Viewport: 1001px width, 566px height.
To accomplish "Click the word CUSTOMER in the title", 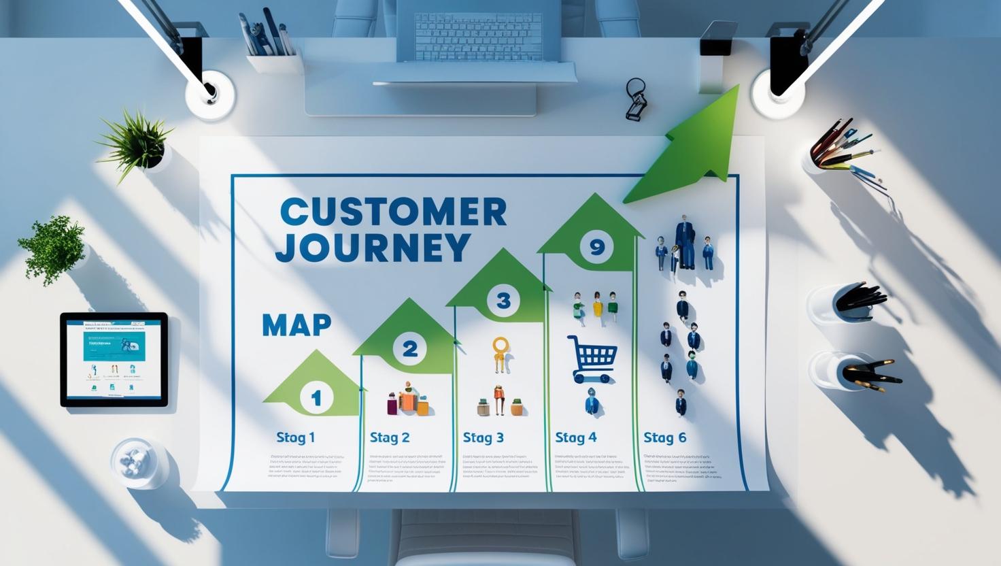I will coord(393,212).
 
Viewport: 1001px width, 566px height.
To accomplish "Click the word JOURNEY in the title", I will coord(373,247).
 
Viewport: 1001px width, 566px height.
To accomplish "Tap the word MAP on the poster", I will coord(296,325).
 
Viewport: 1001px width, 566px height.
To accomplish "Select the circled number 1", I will coord(316,397).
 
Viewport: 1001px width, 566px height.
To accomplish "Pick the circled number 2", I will coord(410,349).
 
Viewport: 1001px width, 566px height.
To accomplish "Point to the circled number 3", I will coord(503,301).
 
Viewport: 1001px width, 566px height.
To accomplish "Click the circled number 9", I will coord(596,248).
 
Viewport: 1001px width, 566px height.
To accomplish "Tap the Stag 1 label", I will coord(295,437).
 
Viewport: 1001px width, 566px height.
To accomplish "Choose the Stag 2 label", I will coord(390,437).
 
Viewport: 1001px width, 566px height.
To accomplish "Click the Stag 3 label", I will coord(483,437).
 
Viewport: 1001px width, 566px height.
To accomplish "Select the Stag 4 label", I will coord(576,437).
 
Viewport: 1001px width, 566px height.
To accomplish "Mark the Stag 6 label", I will coord(665,437).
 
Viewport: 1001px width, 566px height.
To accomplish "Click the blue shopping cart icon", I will coord(592,358).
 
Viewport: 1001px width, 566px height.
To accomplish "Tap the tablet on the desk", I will coord(114,359).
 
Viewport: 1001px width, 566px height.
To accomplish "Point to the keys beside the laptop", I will coord(636,100).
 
